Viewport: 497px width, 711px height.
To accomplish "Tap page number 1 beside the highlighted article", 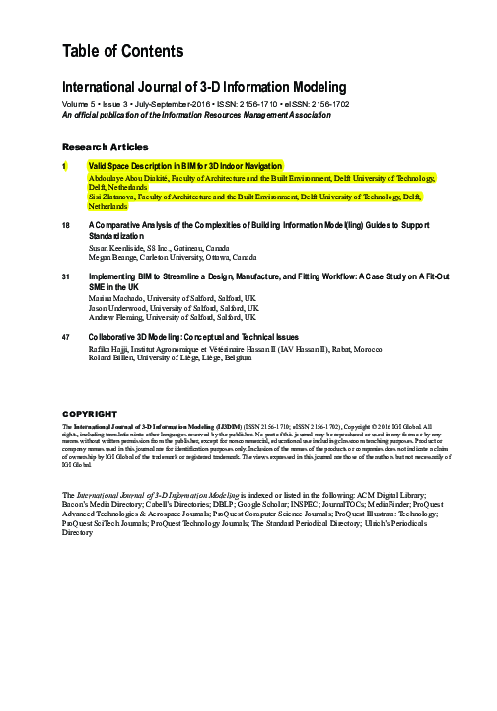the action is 65,165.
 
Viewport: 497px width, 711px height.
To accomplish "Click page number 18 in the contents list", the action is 66,226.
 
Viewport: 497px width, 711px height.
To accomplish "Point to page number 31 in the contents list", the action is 66,277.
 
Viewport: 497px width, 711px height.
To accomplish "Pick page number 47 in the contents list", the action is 66,337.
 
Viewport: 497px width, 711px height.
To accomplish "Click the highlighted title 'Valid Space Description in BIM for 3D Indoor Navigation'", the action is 185,165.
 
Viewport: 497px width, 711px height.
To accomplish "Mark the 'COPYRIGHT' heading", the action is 90,413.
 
